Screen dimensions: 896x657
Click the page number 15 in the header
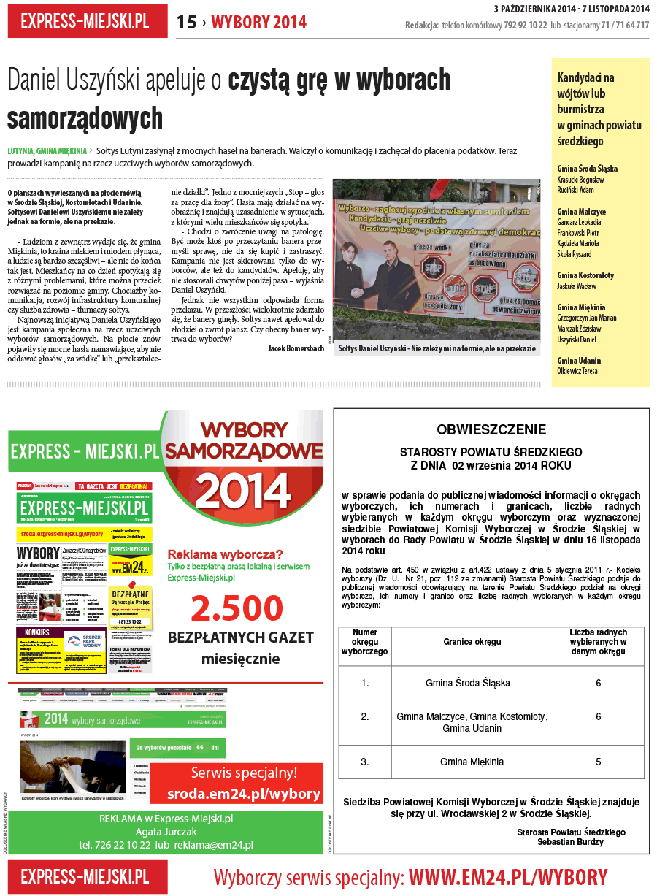187,23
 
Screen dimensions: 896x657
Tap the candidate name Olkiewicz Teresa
577,371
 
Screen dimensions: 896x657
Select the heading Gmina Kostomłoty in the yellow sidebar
585,275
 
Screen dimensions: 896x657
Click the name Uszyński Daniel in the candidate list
577,340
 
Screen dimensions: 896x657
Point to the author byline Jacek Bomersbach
296,348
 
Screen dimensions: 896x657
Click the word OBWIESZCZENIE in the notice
491,429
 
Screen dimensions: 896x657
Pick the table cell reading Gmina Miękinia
472,762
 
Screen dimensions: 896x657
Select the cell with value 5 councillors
598,762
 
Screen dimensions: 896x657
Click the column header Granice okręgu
472,642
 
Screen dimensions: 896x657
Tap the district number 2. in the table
365,717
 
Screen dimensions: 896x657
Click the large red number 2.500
237,608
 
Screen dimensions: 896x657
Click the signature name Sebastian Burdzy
571,842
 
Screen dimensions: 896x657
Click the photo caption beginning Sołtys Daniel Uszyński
435,349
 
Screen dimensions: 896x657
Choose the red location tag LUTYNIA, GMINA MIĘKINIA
47,151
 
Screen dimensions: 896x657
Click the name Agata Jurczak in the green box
166,832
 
